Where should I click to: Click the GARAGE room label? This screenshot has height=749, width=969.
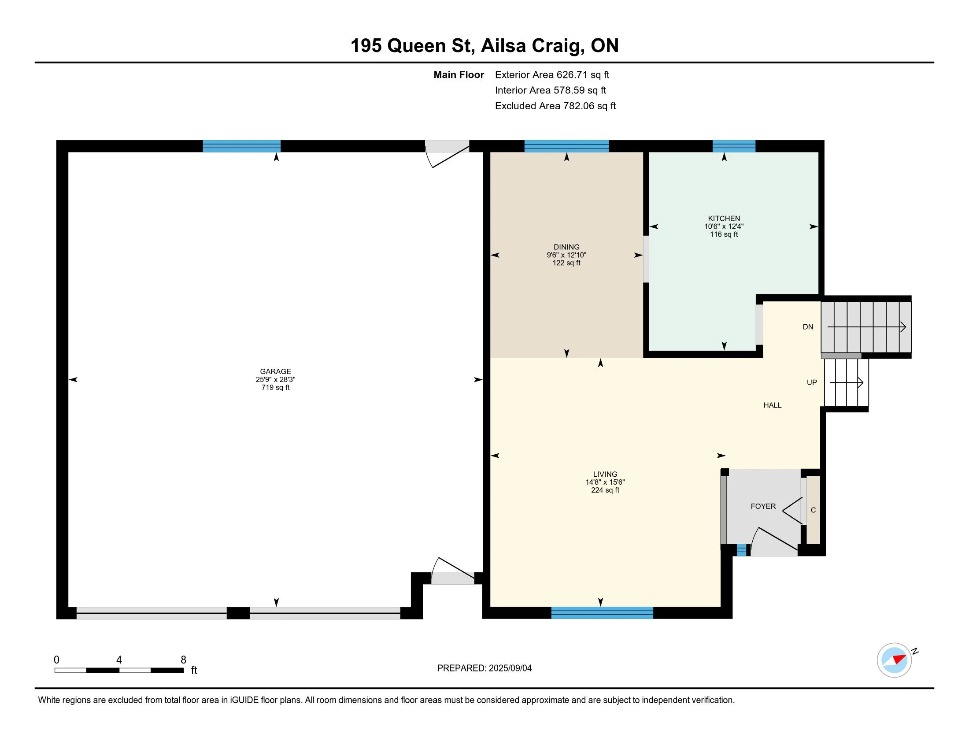click(x=276, y=371)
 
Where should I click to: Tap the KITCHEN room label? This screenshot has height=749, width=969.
click(x=724, y=218)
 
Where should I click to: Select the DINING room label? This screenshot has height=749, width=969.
click(x=566, y=247)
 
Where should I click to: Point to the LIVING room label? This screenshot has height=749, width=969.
click(x=605, y=474)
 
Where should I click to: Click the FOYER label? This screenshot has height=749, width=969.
click(x=763, y=506)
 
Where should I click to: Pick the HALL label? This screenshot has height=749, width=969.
click(x=773, y=405)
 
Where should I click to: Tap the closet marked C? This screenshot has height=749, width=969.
click(x=813, y=510)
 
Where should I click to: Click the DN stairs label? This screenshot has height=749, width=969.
click(x=808, y=327)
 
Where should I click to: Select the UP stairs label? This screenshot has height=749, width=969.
click(x=811, y=382)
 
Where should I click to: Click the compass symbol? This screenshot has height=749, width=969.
click(x=894, y=660)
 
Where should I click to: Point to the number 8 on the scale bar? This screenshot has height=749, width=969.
click(x=183, y=660)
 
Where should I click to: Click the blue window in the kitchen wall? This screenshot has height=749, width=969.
click(x=734, y=146)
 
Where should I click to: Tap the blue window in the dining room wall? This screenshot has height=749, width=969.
click(x=566, y=146)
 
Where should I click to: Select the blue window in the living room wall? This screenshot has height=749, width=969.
click(x=602, y=613)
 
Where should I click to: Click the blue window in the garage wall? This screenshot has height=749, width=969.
click(x=241, y=146)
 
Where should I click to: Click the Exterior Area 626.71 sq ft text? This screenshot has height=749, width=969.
click(x=552, y=74)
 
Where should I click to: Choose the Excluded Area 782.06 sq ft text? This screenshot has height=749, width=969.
click(x=555, y=106)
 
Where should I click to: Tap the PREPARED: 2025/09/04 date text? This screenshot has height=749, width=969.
click(x=484, y=668)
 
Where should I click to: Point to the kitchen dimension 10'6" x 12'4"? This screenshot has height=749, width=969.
click(x=724, y=226)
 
